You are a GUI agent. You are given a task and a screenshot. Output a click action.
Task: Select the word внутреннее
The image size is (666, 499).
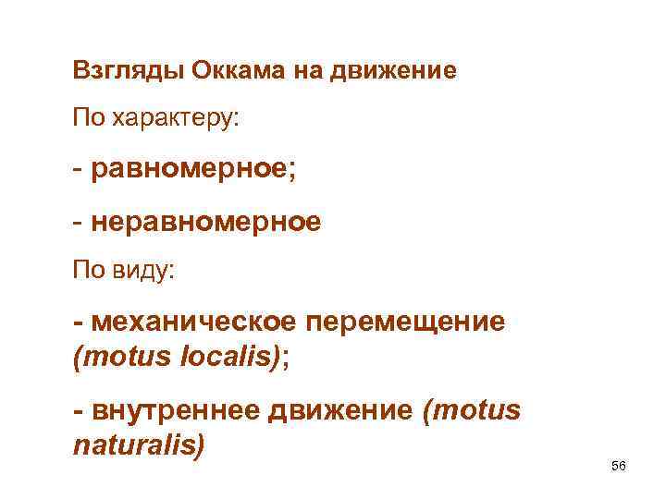coord(176,410)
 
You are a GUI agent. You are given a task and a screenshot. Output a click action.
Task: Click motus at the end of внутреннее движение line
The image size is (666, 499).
coord(475,410)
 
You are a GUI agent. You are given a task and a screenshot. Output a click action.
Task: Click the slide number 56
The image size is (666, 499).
coord(619,466)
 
